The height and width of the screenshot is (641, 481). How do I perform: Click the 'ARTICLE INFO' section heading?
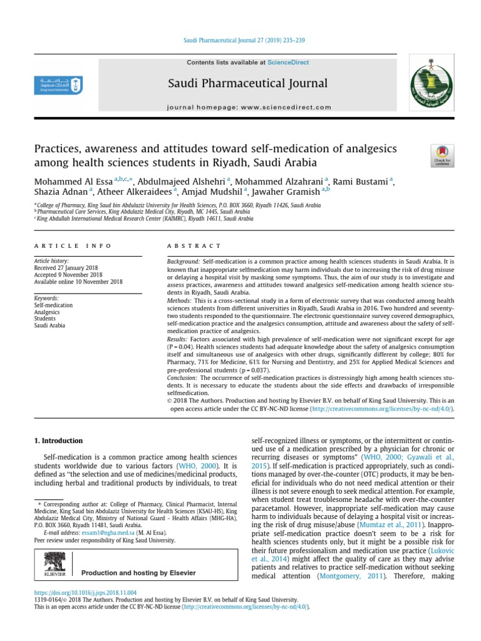pos(73,246)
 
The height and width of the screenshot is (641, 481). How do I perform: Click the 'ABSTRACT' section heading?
pos(194,246)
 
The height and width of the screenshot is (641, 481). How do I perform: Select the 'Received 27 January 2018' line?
pos(69,268)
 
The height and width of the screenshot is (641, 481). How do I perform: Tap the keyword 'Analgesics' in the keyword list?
pos(48,312)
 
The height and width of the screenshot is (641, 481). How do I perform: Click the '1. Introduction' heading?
pos(58,441)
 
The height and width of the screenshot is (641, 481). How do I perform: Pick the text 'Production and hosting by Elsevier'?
pos(138,572)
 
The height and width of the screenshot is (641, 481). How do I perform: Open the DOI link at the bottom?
pos(85,592)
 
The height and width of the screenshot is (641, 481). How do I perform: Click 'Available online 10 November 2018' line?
pos(78,282)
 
